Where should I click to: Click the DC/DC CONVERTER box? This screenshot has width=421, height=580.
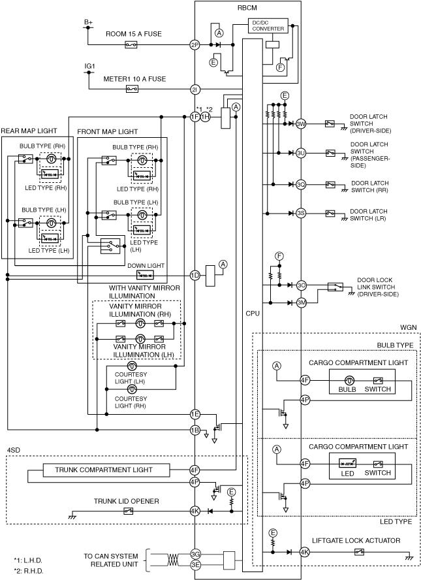(268, 26)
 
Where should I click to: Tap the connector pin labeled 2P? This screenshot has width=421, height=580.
(195, 45)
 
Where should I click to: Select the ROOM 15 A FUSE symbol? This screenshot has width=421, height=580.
(131, 45)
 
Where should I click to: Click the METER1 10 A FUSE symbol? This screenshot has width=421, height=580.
(132, 89)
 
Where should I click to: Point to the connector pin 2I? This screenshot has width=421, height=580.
(195, 89)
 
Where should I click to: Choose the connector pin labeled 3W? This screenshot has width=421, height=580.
(302, 124)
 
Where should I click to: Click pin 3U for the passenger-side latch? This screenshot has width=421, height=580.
(302, 153)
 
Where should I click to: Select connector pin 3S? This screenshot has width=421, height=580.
(302, 213)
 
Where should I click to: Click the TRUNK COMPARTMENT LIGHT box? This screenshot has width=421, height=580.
(107, 470)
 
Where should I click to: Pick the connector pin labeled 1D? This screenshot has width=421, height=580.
(195, 276)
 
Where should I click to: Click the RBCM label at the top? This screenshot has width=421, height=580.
(247, 8)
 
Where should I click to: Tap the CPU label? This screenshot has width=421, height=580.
(253, 314)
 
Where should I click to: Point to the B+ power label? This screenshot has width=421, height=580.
(88, 22)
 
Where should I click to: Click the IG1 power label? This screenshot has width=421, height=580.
(90, 66)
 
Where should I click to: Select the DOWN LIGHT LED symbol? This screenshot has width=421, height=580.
(145, 276)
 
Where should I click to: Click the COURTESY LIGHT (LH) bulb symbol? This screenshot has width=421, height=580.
(132, 366)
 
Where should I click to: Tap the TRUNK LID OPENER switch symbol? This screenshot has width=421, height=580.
(128, 511)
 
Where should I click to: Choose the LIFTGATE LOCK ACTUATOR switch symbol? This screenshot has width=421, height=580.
(359, 552)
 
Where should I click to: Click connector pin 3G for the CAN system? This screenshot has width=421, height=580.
(195, 554)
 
